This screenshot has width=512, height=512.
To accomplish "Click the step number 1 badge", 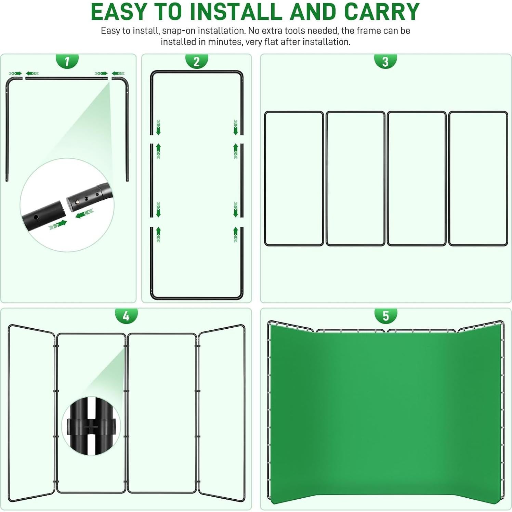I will (x=67, y=62).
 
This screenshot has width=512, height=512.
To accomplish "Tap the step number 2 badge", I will (x=196, y=62).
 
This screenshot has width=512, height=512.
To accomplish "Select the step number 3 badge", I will (x=385, y=62).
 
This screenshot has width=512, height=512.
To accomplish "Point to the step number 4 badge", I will (x=126, y=316).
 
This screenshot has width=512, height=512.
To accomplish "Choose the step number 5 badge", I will (x=385, y=316).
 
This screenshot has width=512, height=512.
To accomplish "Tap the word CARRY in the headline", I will (x=382, y=12).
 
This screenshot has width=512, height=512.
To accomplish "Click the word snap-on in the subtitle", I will (x=179, y=31).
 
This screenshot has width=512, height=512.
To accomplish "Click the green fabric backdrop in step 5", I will (x=385, y=410).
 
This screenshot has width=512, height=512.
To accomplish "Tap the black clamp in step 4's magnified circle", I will (x=91, y=426).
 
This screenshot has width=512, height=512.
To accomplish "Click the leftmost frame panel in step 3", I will (x=294, y=178).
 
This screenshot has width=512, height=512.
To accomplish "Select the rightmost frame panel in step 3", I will (x=478, y=178).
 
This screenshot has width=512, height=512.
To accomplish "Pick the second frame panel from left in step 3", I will (x=355, y=178).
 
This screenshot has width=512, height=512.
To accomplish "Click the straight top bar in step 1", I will (x=67, y=78).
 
